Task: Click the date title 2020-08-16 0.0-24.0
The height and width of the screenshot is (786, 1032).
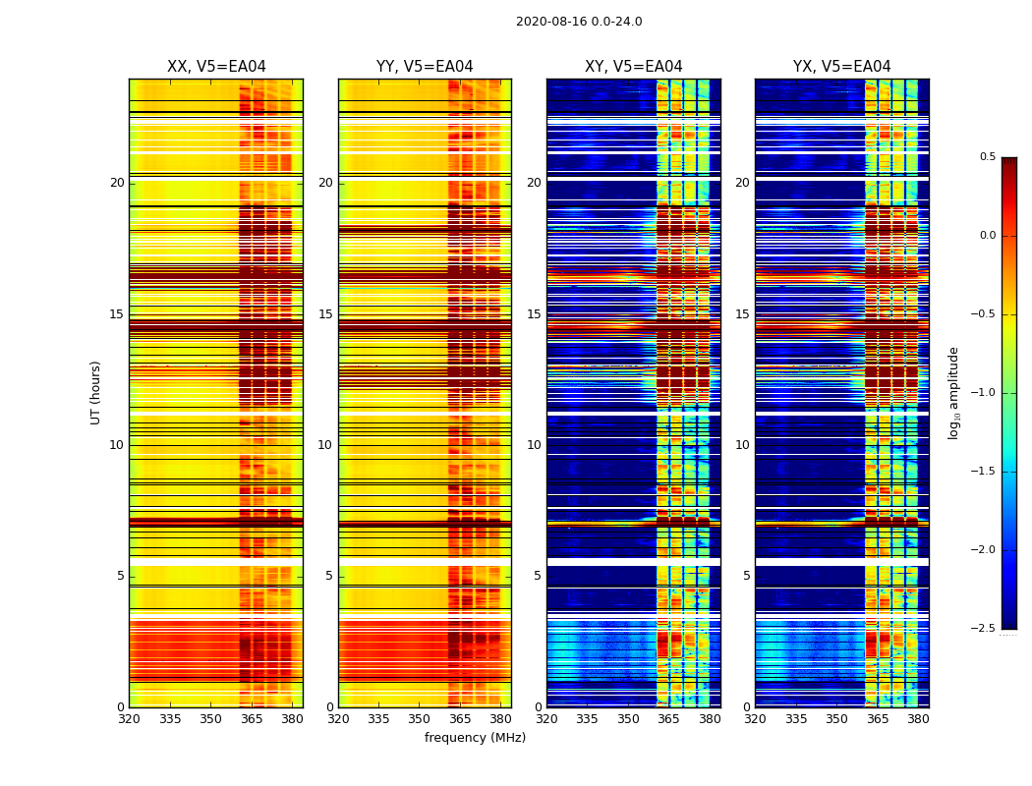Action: pos(579,22)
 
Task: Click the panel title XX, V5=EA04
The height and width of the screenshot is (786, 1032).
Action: pos(216,67)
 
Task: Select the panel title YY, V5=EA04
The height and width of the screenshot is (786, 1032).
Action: pos(425,67)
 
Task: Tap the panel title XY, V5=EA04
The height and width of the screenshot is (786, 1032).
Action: pos(633,67)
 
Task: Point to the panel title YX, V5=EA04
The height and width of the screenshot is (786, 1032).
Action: pos(841,67)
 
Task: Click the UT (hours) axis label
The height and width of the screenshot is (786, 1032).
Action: pos(96,392)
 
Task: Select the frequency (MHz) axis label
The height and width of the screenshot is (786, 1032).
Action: pos(475,738)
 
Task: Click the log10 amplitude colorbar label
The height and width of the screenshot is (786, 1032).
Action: pos(954,392)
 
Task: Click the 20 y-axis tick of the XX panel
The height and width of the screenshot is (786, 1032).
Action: pos(117,183)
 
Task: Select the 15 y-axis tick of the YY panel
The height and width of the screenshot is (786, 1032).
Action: pos(325,314)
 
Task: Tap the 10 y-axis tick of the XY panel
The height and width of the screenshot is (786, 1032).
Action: pos(534,445)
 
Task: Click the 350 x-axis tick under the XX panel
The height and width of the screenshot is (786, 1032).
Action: pos(210,719)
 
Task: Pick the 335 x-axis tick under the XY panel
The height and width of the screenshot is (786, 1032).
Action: pos(587,719)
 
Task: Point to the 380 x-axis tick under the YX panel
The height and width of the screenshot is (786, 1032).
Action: pos(918,719)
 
